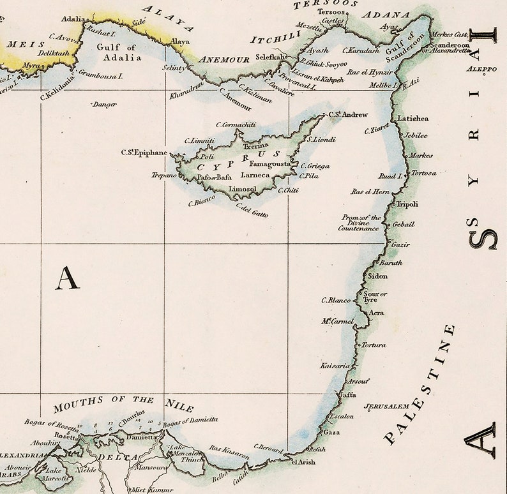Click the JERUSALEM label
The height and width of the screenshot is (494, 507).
point(386,406)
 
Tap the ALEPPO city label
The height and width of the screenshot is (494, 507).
point(481,69)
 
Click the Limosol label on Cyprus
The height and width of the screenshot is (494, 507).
point(242,189)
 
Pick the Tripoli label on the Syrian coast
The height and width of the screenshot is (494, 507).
point(407,204)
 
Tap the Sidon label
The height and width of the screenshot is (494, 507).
point(378,276)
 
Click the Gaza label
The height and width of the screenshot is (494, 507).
point(332,432)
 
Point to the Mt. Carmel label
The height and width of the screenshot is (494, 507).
point(337,320)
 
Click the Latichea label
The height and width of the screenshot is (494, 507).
point(412,119)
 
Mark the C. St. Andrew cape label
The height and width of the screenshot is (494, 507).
point(349,115)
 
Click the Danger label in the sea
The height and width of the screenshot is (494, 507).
point(101,103)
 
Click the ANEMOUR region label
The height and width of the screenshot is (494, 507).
point(224,59)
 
